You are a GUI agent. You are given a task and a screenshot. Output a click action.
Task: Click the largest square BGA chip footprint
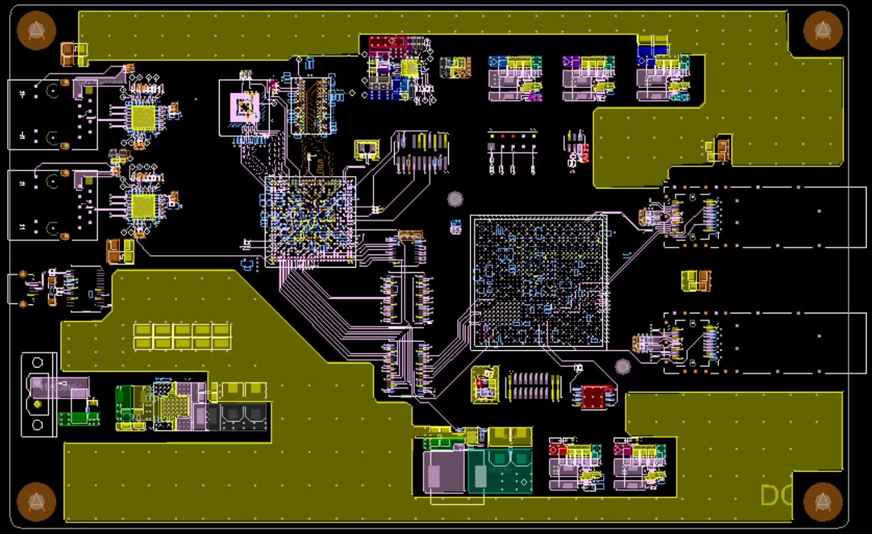539,282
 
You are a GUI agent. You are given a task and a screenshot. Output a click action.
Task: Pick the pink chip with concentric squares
245,108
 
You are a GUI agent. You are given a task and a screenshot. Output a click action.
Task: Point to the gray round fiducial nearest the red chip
623,366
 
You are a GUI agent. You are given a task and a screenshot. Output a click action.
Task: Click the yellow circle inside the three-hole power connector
37,404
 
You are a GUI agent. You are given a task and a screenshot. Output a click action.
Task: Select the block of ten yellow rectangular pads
182,336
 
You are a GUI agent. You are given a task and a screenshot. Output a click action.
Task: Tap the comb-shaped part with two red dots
512,152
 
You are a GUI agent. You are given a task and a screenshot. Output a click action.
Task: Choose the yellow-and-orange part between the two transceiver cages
696,281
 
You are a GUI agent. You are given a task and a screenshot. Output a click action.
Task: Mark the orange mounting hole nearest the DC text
823,501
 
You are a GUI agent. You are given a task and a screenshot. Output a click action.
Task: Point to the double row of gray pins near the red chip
533,386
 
